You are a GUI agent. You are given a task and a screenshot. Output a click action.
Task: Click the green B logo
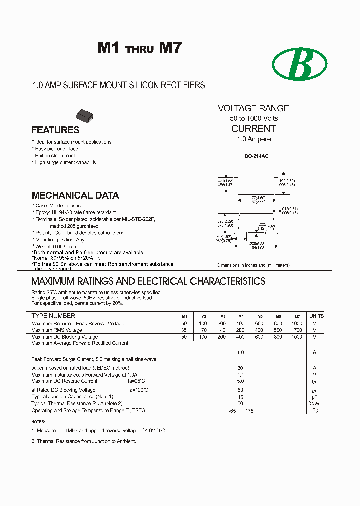(x=299, y=65)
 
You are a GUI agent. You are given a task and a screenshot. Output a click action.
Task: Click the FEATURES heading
(x=55, y=130)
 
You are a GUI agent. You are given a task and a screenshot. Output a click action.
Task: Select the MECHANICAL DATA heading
(x=75, y=196)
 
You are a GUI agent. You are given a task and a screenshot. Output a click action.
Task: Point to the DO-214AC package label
(x=256, y=156)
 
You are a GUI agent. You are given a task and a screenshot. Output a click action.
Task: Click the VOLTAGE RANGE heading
(x=253, y=108)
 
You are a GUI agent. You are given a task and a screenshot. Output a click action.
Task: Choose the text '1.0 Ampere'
(x=254, y=139)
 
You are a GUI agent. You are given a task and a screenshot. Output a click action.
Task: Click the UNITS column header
(x=316, y=316)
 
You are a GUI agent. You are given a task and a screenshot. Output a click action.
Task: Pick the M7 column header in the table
(x=297, y=316)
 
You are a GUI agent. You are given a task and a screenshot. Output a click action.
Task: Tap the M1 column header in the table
(x=184, y=316)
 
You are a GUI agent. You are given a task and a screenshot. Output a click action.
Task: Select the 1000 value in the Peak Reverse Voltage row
(x=297, y=324)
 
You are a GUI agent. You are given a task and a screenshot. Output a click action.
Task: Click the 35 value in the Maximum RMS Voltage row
(x=184, y=330)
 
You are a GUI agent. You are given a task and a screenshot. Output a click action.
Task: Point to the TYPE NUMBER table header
(x=53, y=316)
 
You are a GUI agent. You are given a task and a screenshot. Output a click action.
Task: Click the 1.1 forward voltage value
(x=240, y=375)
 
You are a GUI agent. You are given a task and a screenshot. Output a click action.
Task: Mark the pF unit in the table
(x=315, y=397)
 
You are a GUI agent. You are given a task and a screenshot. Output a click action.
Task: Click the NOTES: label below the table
(x=38, y=422)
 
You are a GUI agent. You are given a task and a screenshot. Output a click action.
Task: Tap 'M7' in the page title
(x=170, y=48)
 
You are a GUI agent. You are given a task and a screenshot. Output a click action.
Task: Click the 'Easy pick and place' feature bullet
(x=56, y=149)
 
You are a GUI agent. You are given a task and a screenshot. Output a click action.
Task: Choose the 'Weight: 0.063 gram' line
(x=56, y=247)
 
